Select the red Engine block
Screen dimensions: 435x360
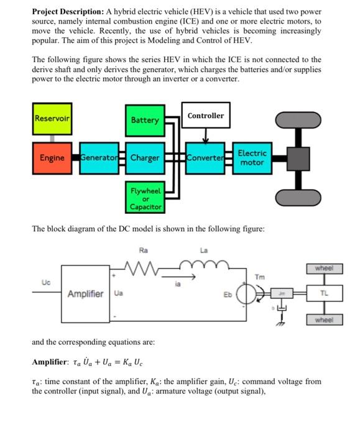coord(52,158)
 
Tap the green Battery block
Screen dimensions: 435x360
coord(145,120)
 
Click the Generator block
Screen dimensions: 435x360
coord(100,158)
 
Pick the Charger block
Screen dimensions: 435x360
coord(145,158)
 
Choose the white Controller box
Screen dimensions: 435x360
coord(206,116)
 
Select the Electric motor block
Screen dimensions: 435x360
coord(252,158)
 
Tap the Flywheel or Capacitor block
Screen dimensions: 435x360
coord(145,198)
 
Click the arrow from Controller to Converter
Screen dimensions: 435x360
coord(206,137)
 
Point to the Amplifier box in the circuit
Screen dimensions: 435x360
coord(86,293)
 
